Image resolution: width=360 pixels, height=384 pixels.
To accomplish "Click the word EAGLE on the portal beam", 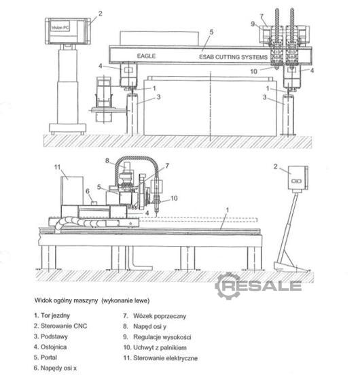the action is point(146,56).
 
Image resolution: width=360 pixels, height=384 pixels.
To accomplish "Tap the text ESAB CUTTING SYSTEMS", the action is point(233,57).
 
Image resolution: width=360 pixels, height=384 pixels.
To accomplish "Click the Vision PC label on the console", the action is point(60,28).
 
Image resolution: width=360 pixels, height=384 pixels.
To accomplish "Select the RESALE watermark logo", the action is point(258,286).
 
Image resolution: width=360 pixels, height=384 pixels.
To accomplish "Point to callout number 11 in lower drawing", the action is point(57,167).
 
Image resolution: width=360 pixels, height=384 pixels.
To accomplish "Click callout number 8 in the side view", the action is point(107,160).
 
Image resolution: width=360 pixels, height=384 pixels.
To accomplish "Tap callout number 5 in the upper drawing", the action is point(211,32).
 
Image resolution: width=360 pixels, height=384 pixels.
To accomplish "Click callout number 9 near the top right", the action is point(253,24).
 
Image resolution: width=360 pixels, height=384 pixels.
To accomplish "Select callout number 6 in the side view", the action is point(88,191).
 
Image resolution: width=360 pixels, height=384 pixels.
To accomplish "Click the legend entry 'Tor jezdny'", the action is point(52,315).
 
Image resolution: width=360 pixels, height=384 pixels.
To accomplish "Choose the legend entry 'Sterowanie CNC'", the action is point(60,326).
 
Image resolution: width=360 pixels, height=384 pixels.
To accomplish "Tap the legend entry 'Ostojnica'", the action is point(50,347).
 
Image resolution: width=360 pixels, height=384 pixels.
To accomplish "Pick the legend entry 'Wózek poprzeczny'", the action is point(154,316).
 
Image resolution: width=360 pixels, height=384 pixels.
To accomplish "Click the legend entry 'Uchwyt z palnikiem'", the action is point(155,347).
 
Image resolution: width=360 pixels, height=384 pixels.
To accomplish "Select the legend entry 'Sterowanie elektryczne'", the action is point(160,358).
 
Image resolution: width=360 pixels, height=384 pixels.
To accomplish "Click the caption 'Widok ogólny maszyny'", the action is point(66,300).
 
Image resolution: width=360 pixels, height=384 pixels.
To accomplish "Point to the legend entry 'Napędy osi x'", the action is point(55,368).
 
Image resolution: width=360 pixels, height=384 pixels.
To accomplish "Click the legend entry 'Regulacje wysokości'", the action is point(157,337).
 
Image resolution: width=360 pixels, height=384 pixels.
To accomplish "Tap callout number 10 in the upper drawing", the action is point(254,71).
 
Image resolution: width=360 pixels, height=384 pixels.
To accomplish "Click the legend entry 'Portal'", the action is point(46,357).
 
